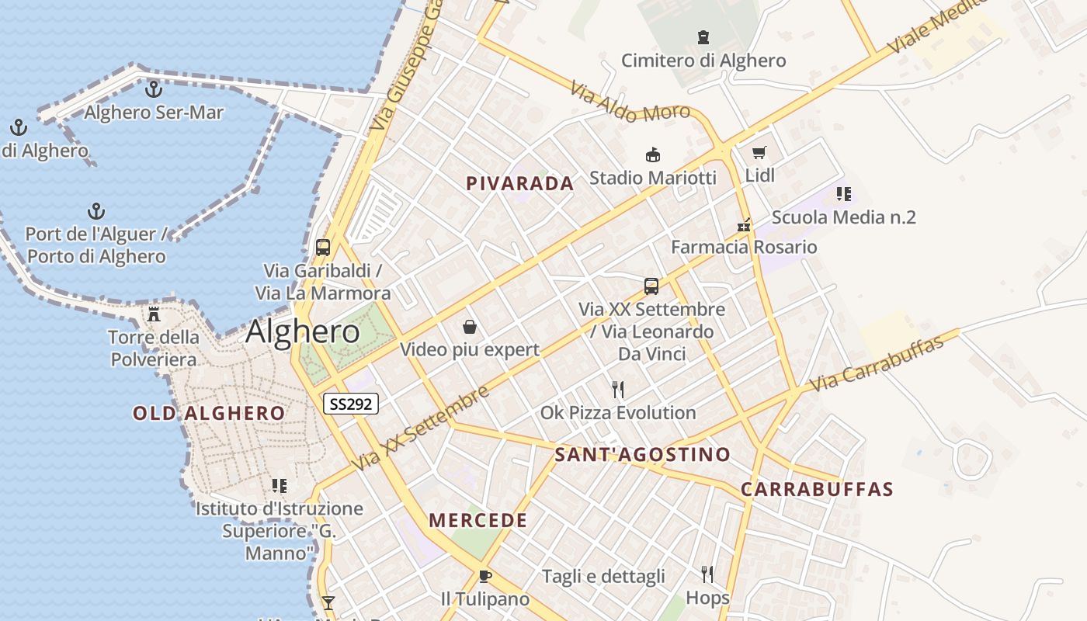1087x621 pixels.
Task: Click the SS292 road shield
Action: click(351, 404)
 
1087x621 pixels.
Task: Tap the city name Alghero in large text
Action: click(303, 332)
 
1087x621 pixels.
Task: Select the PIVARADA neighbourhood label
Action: click(520, 184)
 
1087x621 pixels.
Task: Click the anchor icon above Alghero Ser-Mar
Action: click(154, 88)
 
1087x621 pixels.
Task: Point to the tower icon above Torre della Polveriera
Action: click(154, 314)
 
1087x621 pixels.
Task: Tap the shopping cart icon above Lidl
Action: click(759, 153)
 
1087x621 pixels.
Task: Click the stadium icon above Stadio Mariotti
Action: click(653, 155)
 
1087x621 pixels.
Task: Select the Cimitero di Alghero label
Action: click(703, 61)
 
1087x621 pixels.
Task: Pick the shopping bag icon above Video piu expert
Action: click(469, 327)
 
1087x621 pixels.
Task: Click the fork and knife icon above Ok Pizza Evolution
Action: click(618, 389)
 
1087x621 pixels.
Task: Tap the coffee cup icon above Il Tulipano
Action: click(485, 576)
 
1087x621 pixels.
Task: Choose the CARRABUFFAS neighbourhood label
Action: click(817, 490)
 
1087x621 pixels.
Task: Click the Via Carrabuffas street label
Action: click(877, 363)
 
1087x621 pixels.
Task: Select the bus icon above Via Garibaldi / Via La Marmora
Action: click(323, 248)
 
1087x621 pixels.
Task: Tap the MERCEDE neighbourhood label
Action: click(478, 521)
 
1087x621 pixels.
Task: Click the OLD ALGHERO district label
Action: click(209, 413)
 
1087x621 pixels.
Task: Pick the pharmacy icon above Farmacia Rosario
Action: click(744, 225)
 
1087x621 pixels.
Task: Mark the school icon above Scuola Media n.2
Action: click(844, 194)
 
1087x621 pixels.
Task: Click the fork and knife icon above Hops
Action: click(707, 574)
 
